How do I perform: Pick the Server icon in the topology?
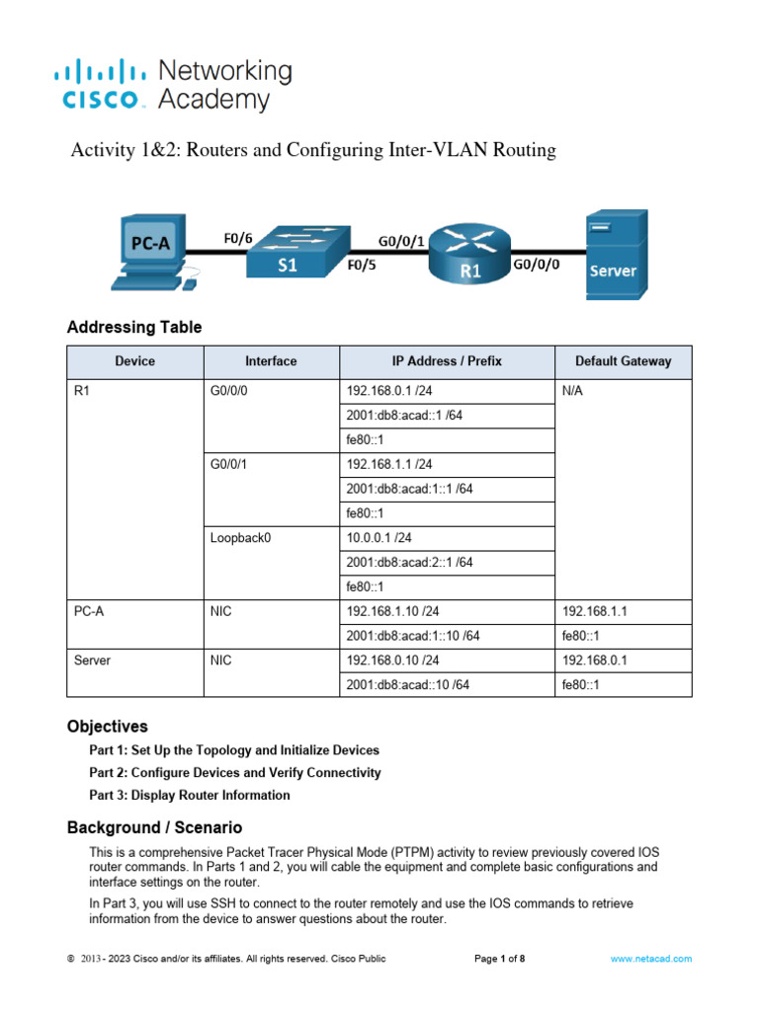(x=615, y=254)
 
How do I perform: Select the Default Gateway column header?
(x=623, y=361)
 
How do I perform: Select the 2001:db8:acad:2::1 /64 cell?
(x=409, y=563)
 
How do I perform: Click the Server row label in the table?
(x=92, y=661)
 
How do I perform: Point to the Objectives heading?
(x=107, y=726)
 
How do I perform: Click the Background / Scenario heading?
(x=154, y=827)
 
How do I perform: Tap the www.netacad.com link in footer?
(x=650, y=959)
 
